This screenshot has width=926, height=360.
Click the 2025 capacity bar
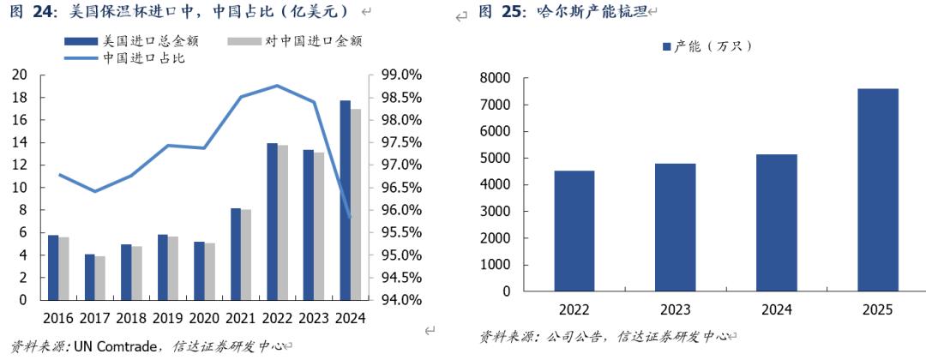[879, 189]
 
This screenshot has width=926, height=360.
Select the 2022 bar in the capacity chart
[574, 231]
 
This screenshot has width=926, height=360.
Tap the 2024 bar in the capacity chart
[778, 223]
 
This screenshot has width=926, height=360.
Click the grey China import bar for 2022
[282, 223]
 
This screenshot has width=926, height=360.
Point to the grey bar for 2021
[246, 255]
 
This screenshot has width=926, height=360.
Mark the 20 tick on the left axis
[19, 75]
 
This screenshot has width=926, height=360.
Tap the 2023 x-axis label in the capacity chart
[676, 309]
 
